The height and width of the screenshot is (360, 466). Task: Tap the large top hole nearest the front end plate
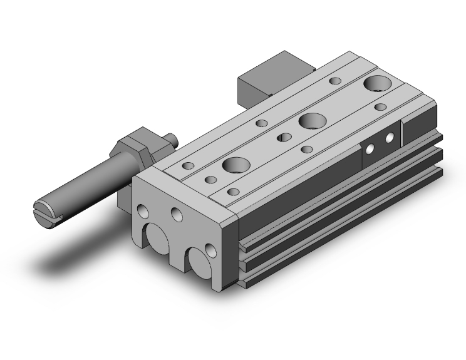(x=236, y=165)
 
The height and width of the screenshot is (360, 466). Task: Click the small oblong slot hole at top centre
(x=284, y=137)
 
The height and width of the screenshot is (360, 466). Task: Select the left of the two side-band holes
(x=370, y=149)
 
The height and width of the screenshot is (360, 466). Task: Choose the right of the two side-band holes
(x=390, y=137)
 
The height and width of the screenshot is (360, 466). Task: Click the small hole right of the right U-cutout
(x=210, y=252)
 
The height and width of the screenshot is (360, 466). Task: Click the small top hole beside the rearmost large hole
(x=336, y=81)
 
